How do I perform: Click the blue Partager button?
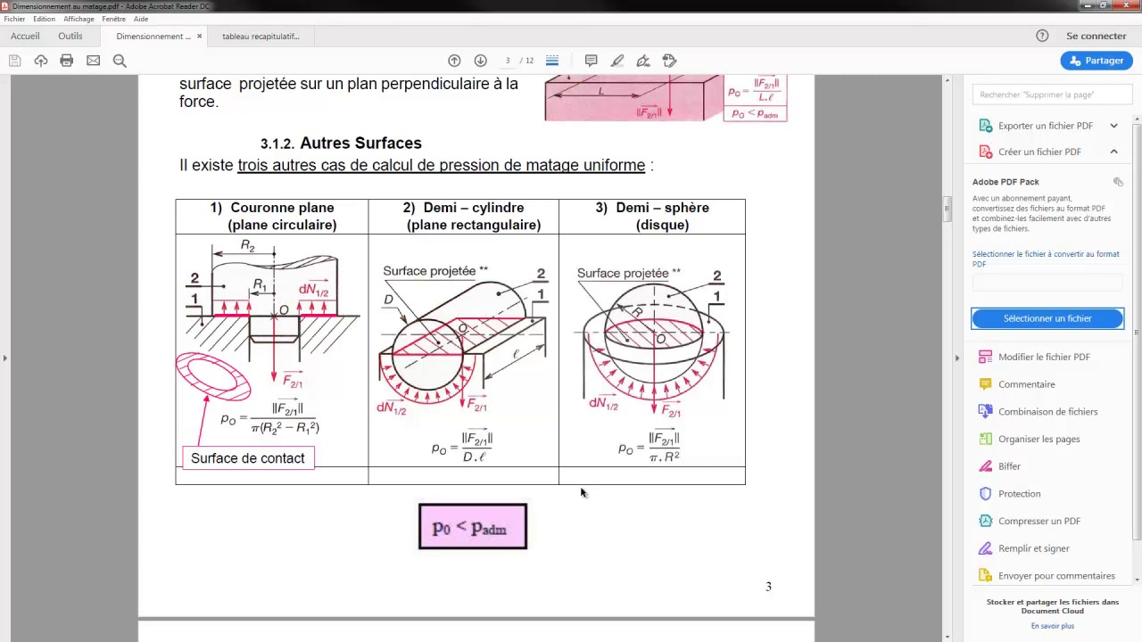pos(1096,61)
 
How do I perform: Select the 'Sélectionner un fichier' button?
pos(1047,318)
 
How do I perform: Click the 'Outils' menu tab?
pos(70,37)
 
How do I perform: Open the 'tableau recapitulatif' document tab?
pos(261,37)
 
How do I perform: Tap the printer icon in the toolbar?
pos(66,61)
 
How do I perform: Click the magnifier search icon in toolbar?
pos(120,61)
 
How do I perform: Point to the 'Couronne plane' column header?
pos(272,216)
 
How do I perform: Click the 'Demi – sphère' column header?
pos(652,216)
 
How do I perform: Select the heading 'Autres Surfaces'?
pos(360,143)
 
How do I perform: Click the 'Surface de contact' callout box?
pos(247,458)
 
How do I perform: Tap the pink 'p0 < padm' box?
pos(472,527)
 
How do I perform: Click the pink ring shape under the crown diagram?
pos(213,376)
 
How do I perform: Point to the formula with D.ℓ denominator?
pos(462,447)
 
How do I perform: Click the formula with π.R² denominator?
pos(650,447)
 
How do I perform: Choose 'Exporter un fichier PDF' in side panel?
pos(1045,126)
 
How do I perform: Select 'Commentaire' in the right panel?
pos(1026,384)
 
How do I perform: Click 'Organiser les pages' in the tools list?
pos(1039,439)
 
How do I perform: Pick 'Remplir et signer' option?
pos(1033,548)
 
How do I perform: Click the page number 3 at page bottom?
pos(768,587)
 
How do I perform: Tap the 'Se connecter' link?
pos(1096,37)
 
